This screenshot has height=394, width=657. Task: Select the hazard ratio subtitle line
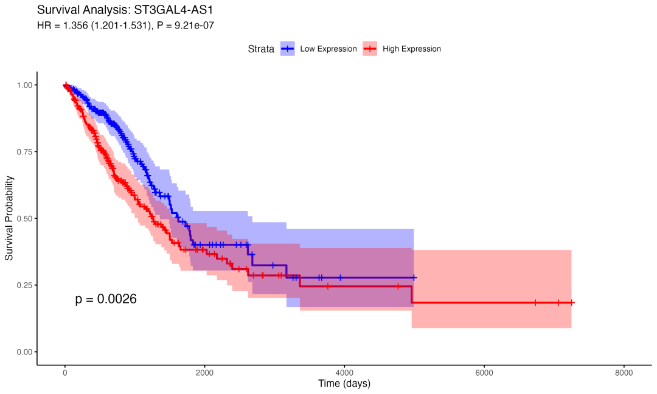pos(125,26)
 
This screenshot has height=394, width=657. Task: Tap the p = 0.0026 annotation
pos(106,299)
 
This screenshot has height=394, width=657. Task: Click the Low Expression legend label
pos(328,49)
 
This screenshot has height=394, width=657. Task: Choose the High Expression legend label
pos(412,49)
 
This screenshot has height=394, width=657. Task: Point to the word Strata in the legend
pos(261,49)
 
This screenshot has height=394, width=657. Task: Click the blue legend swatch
pos(288,49)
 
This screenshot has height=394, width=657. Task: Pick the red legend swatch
pos(370,49)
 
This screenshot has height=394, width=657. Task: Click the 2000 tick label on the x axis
pos(204,373)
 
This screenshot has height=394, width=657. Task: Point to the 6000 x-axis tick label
pos(484,373)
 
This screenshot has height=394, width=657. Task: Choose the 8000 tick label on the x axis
pos(624,373)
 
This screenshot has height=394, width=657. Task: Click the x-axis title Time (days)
pos(344,384)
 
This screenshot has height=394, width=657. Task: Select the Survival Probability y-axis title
pos(10,218)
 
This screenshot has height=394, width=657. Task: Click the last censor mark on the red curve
pos(572,302)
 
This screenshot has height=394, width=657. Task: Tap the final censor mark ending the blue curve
pos(414,277)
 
